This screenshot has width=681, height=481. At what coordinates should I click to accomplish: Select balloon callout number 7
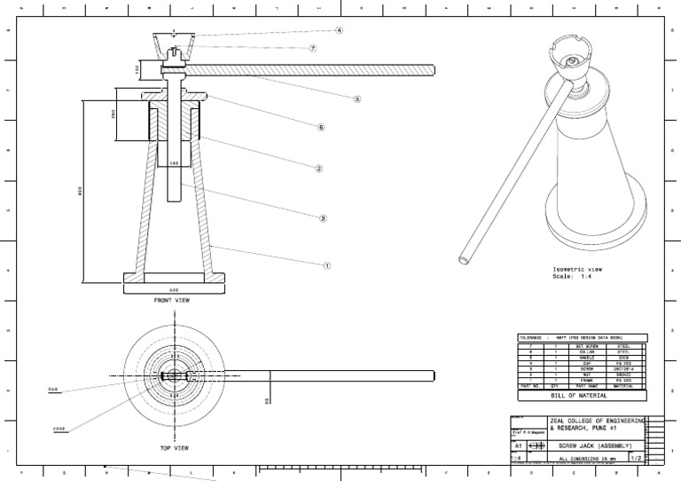pyautogui.click(x=313, y=48)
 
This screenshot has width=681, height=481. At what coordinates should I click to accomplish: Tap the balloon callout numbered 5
pyautogui.click(x=357, y=99)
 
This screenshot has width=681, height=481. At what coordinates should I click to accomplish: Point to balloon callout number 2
pyautogui.click(x=318, y=168)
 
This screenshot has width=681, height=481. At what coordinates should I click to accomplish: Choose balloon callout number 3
pyautogui.click(x=323, y=217)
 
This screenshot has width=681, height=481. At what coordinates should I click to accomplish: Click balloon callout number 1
pyautogui.click(x=326, y=264)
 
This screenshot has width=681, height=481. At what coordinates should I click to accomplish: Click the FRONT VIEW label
pyautogui.click(x=172, y=300)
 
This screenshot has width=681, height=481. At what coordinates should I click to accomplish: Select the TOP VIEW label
pyautogui.click(x=176, y=448)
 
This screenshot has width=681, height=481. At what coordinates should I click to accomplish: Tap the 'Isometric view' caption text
pyautogui.click(x=577, y=269)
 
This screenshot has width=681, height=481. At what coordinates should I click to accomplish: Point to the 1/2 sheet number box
pyautogui.click(x=635, y=458)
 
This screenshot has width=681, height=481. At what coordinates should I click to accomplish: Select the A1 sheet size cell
pyautogui.click(x=519, y=446)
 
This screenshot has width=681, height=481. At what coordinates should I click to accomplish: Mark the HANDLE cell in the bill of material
pyautogui.click(x=581, y=358)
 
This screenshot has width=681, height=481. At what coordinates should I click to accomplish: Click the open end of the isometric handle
pyautogui.click(x=463, y=260)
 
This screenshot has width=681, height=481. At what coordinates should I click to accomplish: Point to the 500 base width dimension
pyautogui.click(x=174, y=289)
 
